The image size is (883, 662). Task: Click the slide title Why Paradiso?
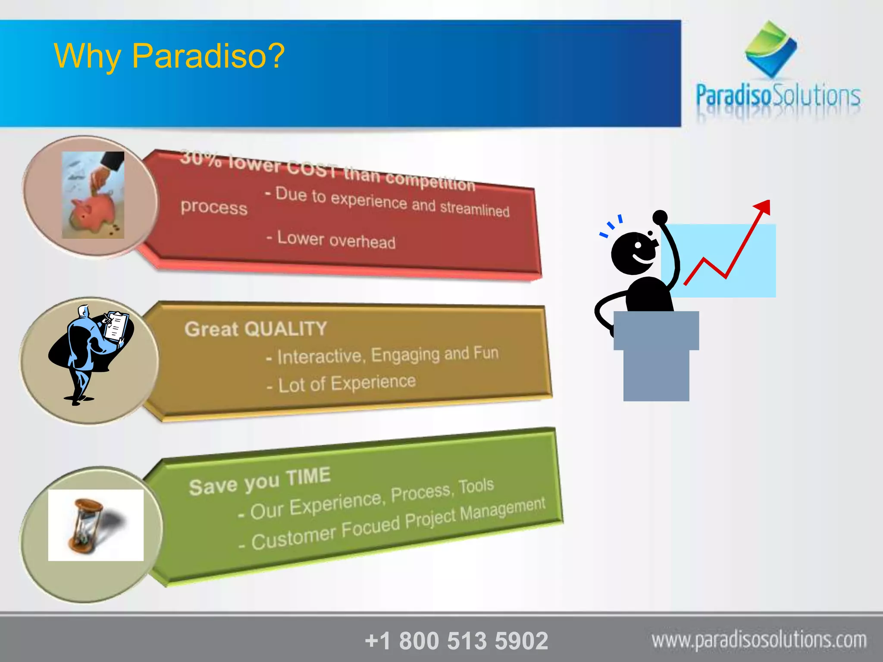coord(169,56)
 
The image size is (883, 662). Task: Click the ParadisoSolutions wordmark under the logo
coord(778,96)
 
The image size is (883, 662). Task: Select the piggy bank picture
coord(93,195)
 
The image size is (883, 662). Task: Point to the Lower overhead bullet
coord(331,240)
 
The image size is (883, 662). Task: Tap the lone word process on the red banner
coord(214,207)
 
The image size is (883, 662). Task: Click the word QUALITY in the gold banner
coord(285,329)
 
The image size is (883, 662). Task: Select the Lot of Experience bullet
coord(341,384)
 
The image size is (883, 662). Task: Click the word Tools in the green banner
coord(476,486)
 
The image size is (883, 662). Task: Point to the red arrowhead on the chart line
coord(763,206)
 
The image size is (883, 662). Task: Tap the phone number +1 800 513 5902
coord(456,640)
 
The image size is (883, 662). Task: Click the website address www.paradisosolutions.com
coord(759,640)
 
